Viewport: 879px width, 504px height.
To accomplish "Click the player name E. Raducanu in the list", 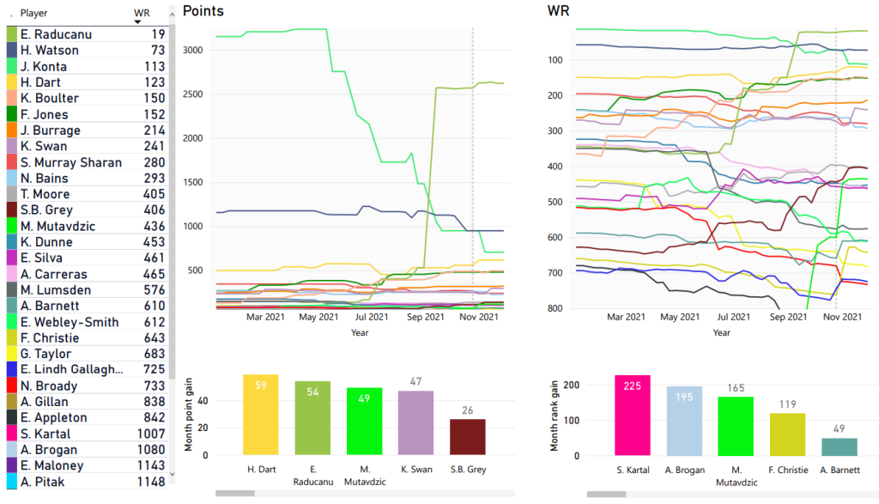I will tap(56, 34).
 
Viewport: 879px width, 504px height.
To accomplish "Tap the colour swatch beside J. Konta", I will tap(12, 66).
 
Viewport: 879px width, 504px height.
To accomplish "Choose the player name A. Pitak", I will tap(42, 482).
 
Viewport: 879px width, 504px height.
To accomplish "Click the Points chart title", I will tap(203, 11).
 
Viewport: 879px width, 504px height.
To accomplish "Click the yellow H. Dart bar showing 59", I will tap(260, 415).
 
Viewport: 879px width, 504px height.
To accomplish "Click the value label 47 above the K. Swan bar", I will tap(415, 382).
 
